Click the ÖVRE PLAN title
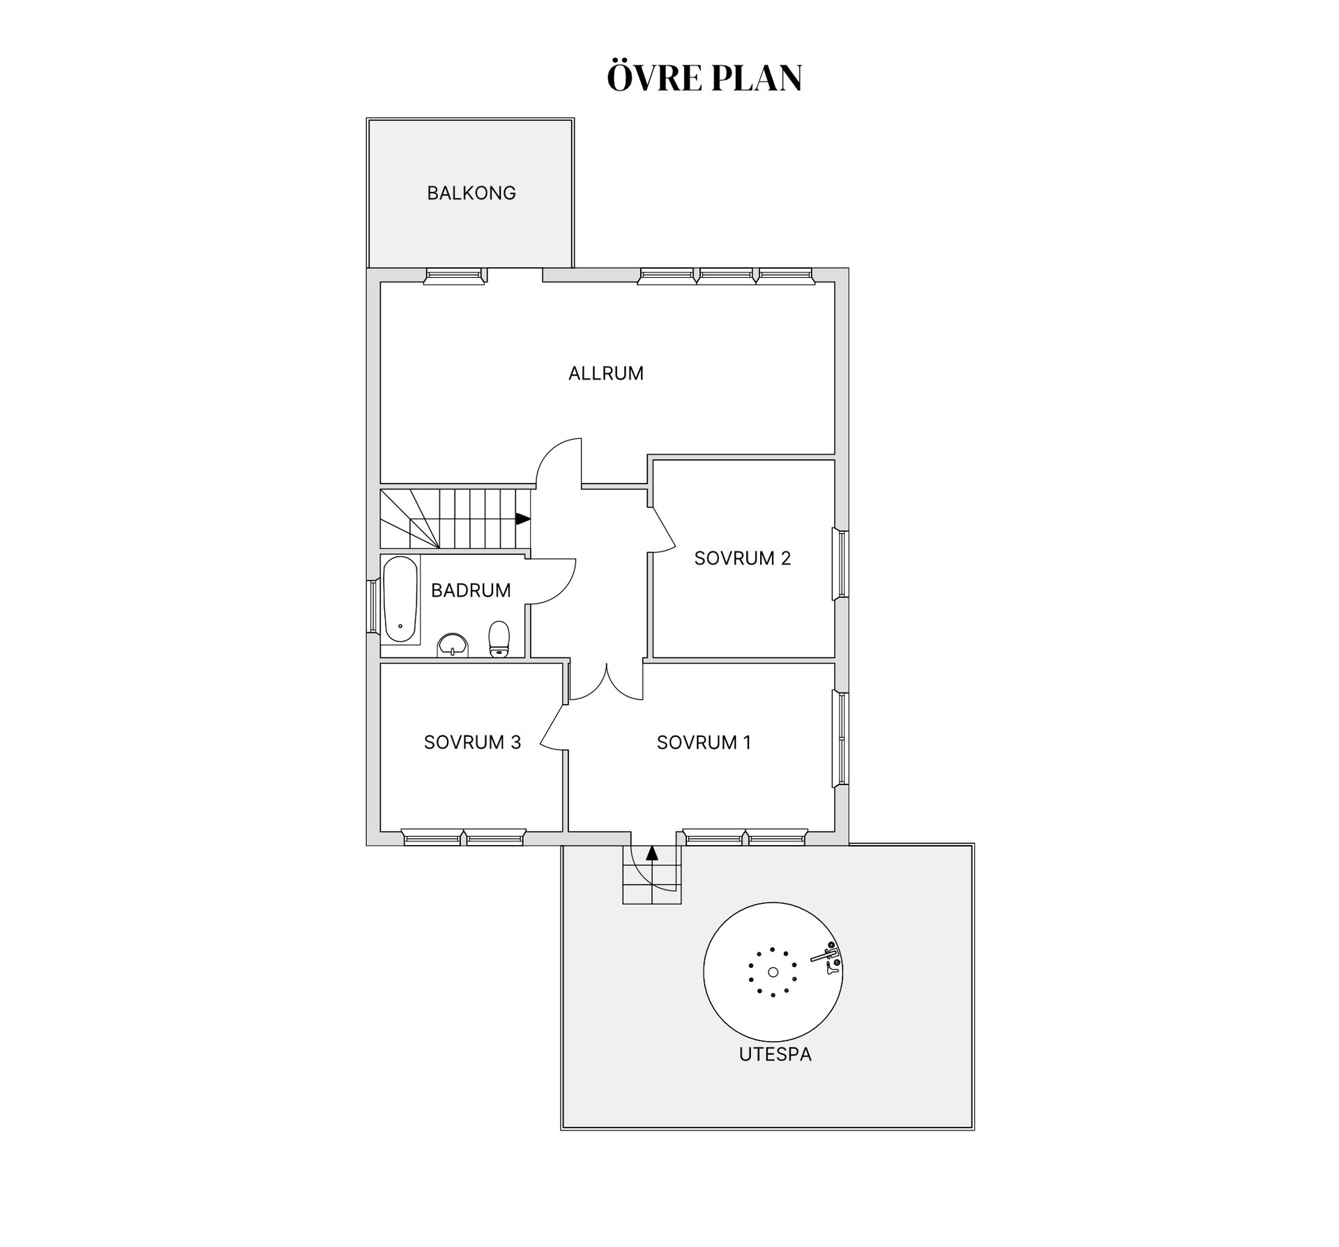pyautogui.click(x=704, y=77)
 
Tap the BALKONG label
pyautogui.click(x=471, y=193)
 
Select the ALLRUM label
pyautogui.click(x=606, y=373)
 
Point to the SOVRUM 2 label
pyautogui.click(x=743, y=558)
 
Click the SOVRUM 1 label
pyautogui.click(x=704, y=742)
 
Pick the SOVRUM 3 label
pyautogui.click(x=473, y=742)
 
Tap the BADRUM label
pyautogui.click(x=471, y=590)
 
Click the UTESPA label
pyautogui.click(x=776, y=1054)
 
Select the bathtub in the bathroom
pyautogui.click(x=400, y=599)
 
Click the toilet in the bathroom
pyautogui.click(x=499, y=639)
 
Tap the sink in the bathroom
pyautogui.click(x=453, y=645)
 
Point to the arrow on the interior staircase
pyautogui.click(x=523, y=518)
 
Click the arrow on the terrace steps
pyautogui.click(x=652, y=853)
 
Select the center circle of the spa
pyautogui.click(x=773, y=972)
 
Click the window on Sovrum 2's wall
pyautogui.click(x=841, y=565)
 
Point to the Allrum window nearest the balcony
pyautogui.click(x=455, y=277)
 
